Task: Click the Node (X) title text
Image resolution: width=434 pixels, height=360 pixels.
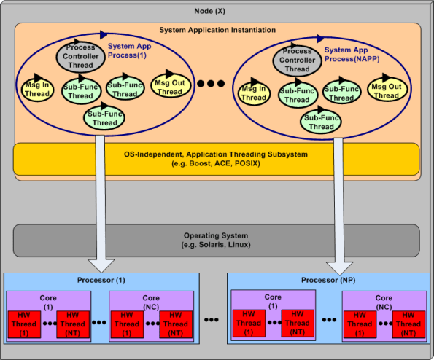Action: click(x=217, y=10)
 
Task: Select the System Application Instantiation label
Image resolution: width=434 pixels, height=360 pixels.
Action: click(x=217, y=30)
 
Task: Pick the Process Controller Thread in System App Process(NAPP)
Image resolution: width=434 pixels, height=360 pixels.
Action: click(x=296, y=60)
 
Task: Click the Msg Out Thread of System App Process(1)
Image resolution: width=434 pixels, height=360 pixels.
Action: click(x=170, y=87)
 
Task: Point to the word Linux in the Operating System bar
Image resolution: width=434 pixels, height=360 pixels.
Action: click(x=238, y=244)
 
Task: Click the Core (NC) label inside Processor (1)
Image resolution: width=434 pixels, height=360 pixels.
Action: click(x=151, y=302)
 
